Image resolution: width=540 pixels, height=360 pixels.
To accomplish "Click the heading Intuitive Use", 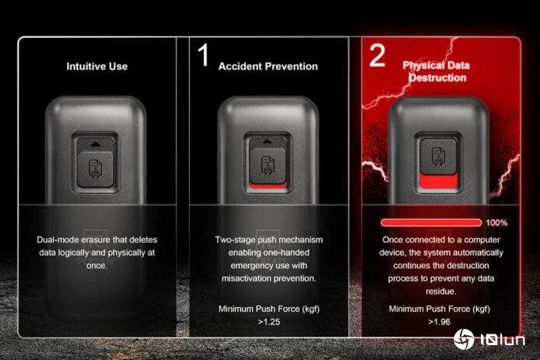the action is point(96,66).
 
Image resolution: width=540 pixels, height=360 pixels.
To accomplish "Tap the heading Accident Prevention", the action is point(268,66).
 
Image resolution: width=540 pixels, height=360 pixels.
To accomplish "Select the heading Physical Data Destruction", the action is point(437,72).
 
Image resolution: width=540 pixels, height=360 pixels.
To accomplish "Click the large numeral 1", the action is point(204,54).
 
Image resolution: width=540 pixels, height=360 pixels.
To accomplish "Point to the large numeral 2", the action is point(377,55).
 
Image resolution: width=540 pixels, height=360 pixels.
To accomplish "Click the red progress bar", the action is point(431,222).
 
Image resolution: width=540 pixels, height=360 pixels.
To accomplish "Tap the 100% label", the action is point(496,223).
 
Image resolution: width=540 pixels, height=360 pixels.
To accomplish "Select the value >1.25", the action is point(269,322).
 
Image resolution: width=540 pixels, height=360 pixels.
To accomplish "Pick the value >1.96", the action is point(439,322).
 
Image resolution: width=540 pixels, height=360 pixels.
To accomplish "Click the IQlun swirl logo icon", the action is point(464,339).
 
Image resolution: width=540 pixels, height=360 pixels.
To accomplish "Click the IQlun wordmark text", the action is point(503,340).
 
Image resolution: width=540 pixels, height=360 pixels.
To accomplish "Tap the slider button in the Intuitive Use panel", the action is point(95,170).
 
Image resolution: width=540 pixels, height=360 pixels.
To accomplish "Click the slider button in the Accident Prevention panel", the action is point(268,165).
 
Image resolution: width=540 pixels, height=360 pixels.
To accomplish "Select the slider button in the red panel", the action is point(438,156).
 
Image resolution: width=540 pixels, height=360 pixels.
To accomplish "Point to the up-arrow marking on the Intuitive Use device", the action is point(96,145).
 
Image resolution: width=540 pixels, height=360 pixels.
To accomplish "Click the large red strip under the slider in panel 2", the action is point(438,180).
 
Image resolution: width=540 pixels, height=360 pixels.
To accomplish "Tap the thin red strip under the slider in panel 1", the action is point(268,186).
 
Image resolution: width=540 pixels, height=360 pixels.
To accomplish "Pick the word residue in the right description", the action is point(440,292).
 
